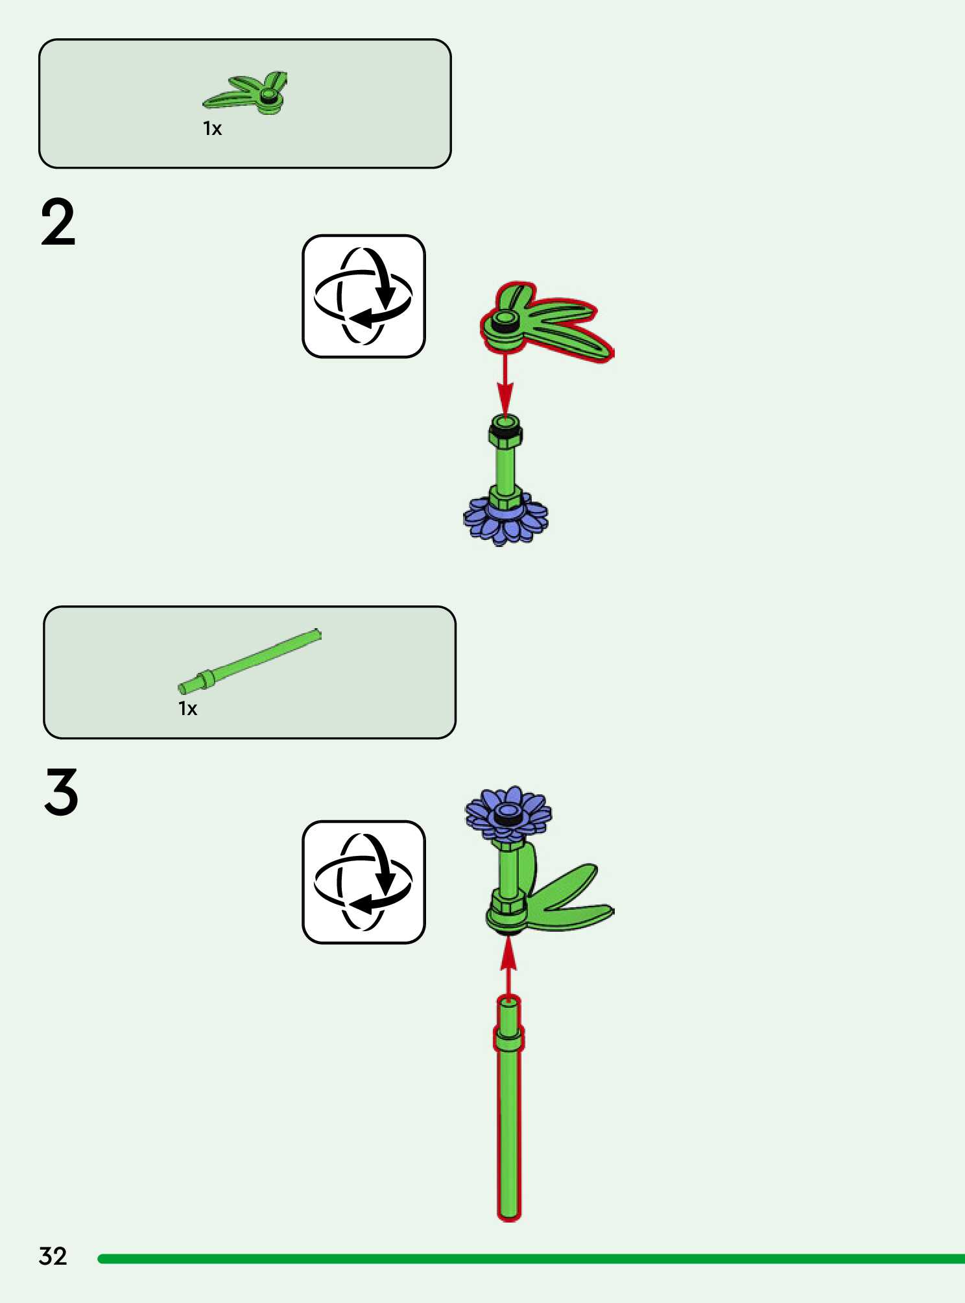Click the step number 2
58,223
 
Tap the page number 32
53,1256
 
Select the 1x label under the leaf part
212,128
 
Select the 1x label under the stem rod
187,708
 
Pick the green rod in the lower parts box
250,660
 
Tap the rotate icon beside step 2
363,296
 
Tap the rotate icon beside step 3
363,882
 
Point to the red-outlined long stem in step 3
509,1116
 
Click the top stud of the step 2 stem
505,423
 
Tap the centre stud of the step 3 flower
508,812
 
